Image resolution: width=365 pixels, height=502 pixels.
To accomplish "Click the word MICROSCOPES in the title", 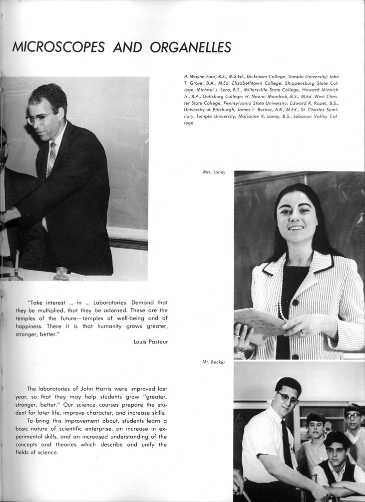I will [58, 47].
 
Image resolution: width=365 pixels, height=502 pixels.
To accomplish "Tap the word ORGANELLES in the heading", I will [188, 47].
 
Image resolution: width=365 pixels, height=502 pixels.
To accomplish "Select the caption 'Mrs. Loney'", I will [214, 172].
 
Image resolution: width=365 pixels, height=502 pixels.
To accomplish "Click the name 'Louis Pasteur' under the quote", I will [151, 341].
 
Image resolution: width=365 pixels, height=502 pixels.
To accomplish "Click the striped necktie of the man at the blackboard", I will [51, 160].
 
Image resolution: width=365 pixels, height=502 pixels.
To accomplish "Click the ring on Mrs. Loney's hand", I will [302, 334].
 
